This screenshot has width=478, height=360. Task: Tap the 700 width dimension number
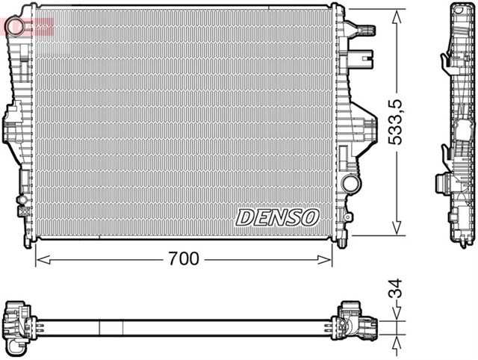[184, 259]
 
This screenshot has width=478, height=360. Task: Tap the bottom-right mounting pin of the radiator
[342, 241]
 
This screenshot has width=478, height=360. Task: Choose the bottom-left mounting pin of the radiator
[30, 240]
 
